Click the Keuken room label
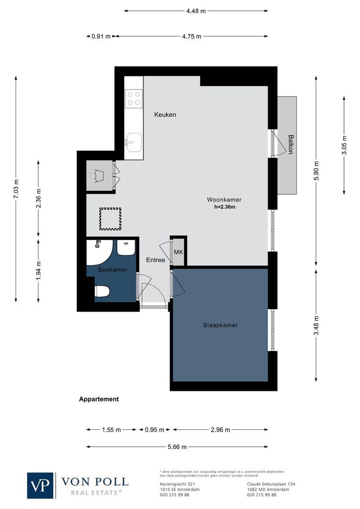coord(165,115)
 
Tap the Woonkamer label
coord(224,199)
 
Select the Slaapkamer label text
coord(221,325)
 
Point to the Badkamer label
coord(113,270)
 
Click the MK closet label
coord(178,252)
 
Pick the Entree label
coord(155,260)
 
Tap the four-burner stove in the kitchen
coord(134,98)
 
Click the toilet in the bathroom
coord(102,291)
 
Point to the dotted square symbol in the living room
coord(110,219)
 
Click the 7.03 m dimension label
coord(16,190)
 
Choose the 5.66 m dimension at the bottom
coord(177,447)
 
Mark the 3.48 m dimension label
coord(316,325)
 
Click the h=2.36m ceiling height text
coord(224,206)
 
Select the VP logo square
coord(41,485)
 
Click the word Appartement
coord(98,399)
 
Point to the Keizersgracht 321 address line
coord(175,484)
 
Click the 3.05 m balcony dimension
coord(344,145)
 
